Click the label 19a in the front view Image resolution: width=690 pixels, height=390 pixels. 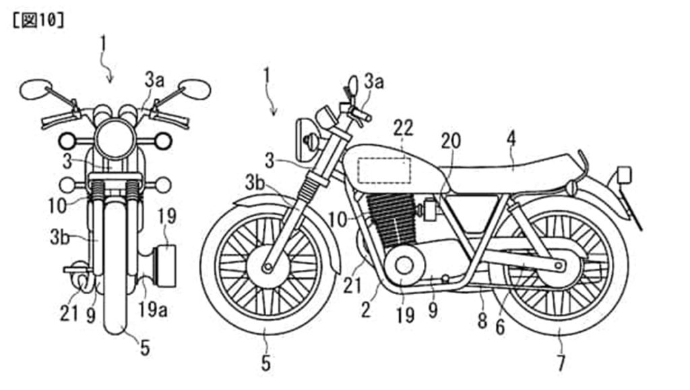pos(153,310)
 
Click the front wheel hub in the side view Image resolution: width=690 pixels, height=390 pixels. pos(268,268)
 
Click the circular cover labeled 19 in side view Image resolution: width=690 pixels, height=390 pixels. pos(404,267)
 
